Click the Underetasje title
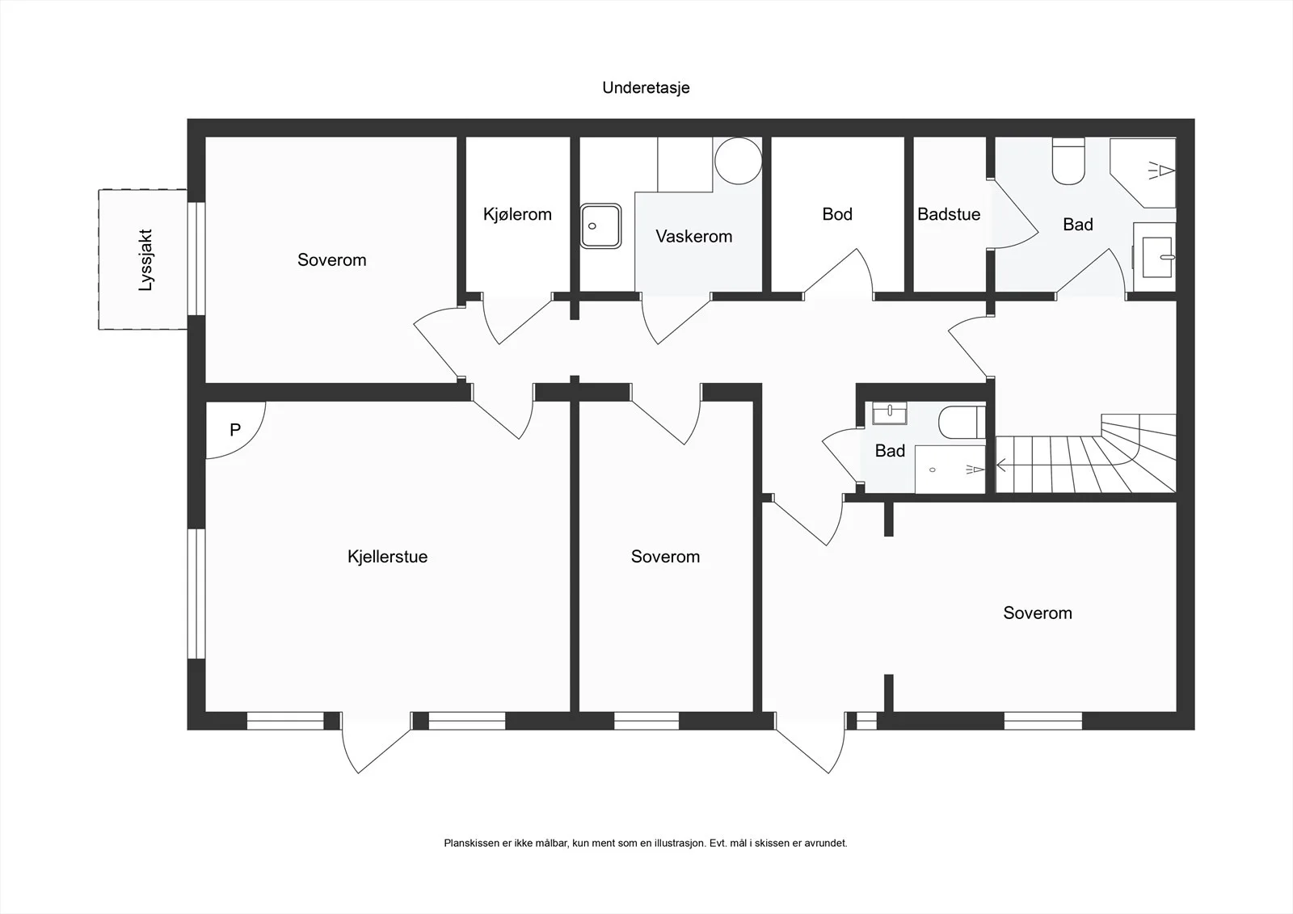(x=646, y=88)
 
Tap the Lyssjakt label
(x=145, y=260)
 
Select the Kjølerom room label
(x=517, y=214)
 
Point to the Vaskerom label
(x=694, y=236)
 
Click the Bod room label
(x=837, y=214)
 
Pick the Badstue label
(x=949, y=214)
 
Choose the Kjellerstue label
(x=387, y=557)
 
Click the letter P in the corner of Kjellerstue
(x=235, y=430)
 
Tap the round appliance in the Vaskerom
(x=739, y=161)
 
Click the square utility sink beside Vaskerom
(x=601, y=225)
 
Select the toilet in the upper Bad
(x=1068, y=161)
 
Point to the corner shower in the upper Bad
(x=1143, y=173)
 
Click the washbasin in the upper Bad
(x=1155, y=257)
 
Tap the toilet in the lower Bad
(x=962, y=423)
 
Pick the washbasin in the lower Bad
(x=890, y=414)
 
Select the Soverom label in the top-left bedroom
(x=332, y=260)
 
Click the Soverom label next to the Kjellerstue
(x=666, y=557)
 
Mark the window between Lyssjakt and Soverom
(x=196, y=259)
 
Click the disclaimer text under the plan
(x=646, y=843)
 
